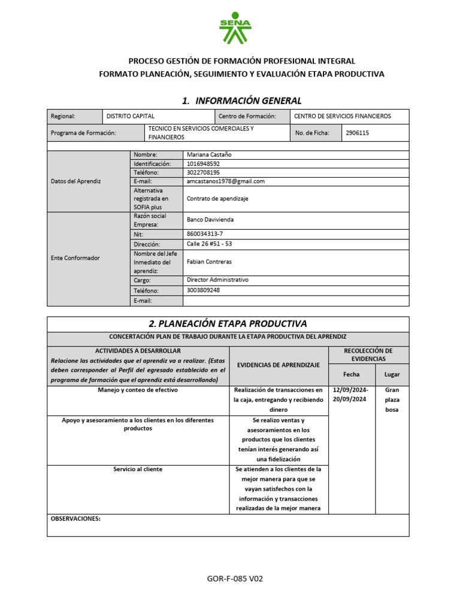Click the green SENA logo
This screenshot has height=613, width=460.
point(235,28)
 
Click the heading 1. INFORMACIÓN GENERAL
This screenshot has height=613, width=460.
point(241,100)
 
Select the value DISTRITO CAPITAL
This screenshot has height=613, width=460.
point(130,116)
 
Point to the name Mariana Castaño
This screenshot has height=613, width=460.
point(209,154)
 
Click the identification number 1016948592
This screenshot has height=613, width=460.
point(204,163)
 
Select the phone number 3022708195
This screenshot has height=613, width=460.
point(204,172)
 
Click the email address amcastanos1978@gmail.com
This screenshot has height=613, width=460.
point(226,181)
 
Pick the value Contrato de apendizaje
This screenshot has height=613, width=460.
point(217,198)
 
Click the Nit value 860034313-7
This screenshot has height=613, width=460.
point(205,234)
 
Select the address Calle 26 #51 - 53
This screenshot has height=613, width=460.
point(210,244)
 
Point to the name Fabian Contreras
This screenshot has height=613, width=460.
point(209,262)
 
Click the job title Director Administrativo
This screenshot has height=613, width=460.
point(217,280)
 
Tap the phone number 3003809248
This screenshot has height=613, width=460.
point(204,290)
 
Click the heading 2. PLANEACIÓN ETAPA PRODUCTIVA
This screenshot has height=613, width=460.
point(228,324)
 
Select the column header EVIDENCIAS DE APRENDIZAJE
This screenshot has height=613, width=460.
point(279,365)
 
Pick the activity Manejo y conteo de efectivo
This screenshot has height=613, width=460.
point(138,390)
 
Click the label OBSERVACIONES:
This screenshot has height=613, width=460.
point(75,519)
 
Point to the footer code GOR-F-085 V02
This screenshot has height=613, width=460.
point(235,579)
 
